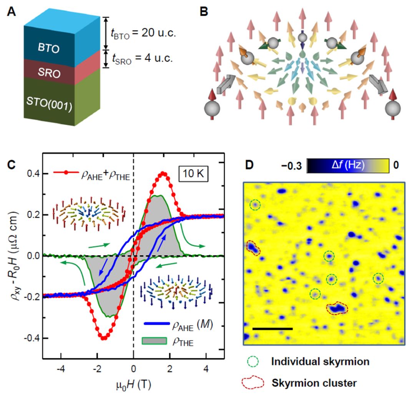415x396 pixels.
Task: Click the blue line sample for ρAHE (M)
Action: coord(154,327)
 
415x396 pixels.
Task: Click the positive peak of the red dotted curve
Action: coord(164,173)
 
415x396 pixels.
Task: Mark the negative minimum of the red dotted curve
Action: coord(103,338)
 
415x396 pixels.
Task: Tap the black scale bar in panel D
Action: coord(273,328)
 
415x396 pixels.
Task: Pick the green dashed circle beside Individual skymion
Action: coord(256,361)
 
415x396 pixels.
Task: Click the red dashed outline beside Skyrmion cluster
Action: coord(256,383)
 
